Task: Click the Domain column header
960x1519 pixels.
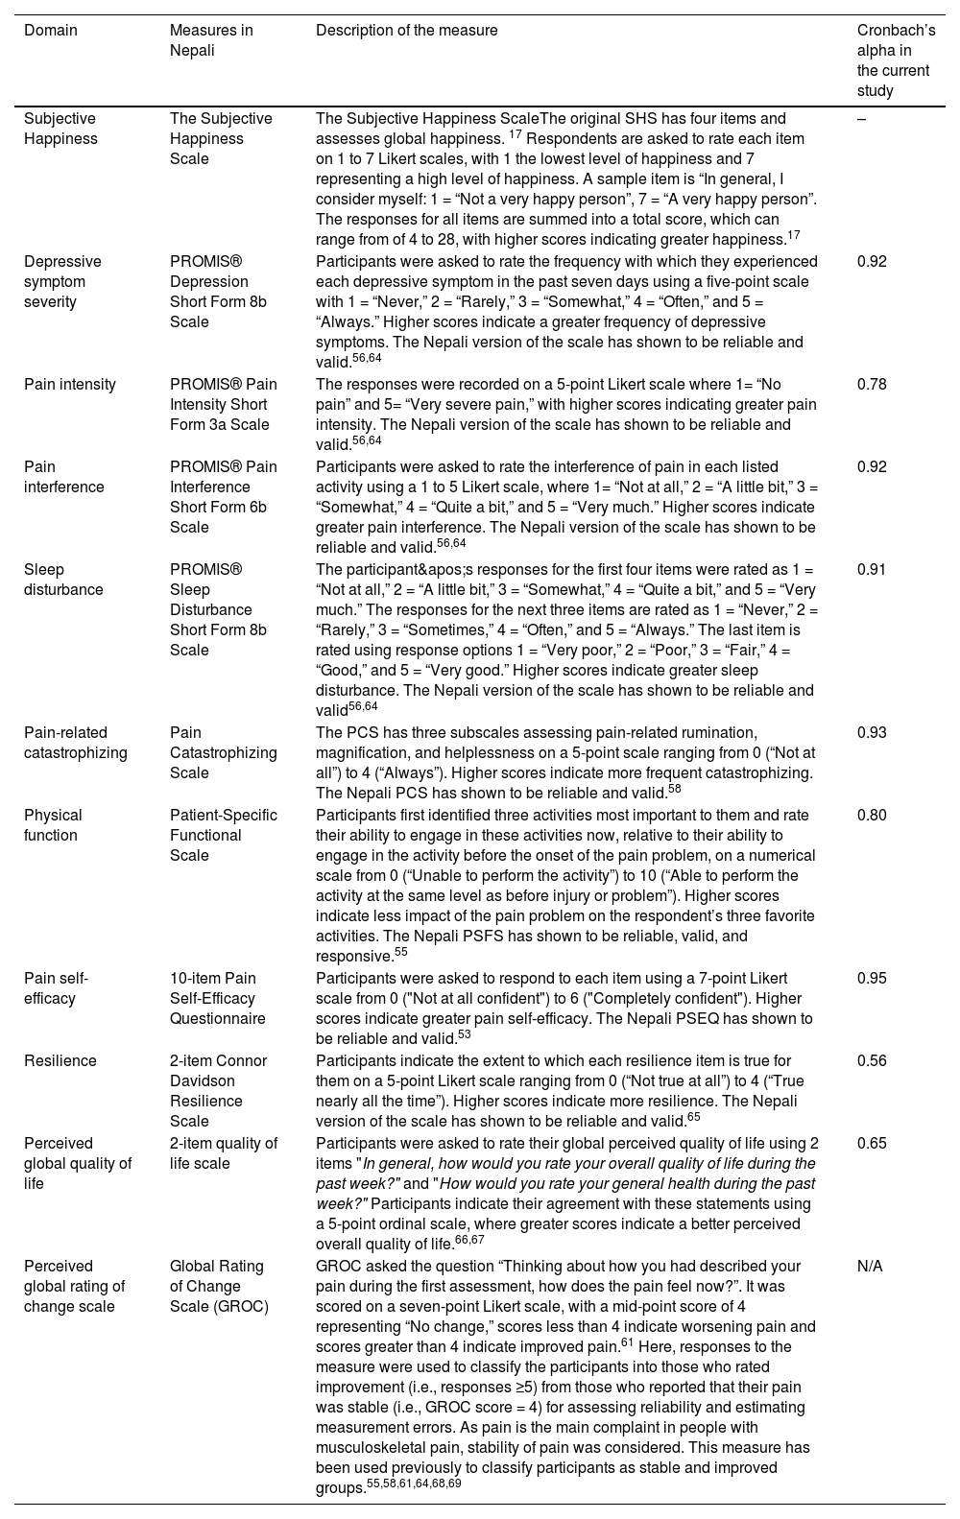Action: coord(51,31)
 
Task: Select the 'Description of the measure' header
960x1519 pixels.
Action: coord(407,31)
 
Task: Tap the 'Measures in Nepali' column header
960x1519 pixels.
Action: coord(211,40)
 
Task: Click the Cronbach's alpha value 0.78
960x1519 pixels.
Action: coord(872,385)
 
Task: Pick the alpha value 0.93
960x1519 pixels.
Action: coord(872,733)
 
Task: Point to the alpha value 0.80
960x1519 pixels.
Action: coord(872,816)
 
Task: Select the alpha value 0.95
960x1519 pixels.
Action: coord(872,979)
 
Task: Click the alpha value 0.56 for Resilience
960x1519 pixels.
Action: coord(872,1061)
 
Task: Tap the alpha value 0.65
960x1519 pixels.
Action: coord(872,1144)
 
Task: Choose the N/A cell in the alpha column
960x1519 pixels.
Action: coord(870,1267)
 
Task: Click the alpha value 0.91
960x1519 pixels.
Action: coord(872,570)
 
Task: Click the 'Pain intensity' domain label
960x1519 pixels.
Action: coord(70,385)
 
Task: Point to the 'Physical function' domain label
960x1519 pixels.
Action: coord(53,825)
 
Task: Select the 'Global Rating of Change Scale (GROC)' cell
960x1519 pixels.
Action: coord(219,1286)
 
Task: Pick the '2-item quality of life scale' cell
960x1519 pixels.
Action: coord(224,1153)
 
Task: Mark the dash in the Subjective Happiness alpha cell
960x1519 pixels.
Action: coord(861,119)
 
